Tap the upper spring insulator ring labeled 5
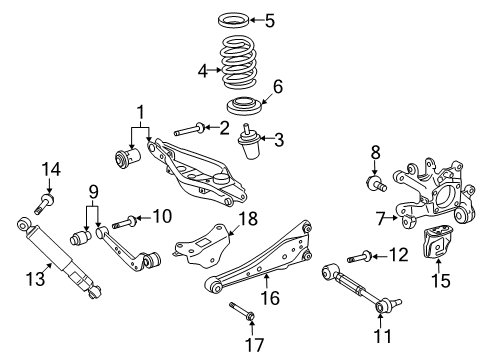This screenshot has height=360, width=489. [237, 19]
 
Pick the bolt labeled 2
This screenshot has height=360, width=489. [189, 129]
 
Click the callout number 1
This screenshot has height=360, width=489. [141, 111]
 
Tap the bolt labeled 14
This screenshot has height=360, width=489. [43, 206]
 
